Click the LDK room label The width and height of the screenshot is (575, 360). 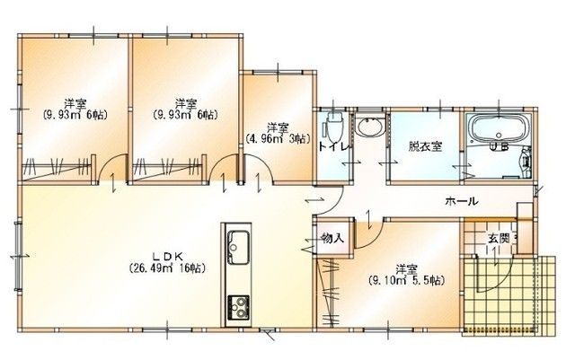pos(167,257)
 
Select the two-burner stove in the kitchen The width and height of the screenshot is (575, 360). pos(238,307)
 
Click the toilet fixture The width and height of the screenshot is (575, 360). pos(333,128)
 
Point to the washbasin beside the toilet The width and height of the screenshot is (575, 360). pos(370,127)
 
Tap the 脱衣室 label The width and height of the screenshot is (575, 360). pos(425,146)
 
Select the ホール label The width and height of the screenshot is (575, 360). pos(462,201)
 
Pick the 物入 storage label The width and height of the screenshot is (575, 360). pos(332,238)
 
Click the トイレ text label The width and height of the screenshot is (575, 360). pos(334,147)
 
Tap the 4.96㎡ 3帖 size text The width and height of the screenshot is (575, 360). pos(278,139)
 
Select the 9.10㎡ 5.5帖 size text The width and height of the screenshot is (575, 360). pos(407,281)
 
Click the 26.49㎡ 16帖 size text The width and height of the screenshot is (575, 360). pos(167,268)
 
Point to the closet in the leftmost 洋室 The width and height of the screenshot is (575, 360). pos(57,169)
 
